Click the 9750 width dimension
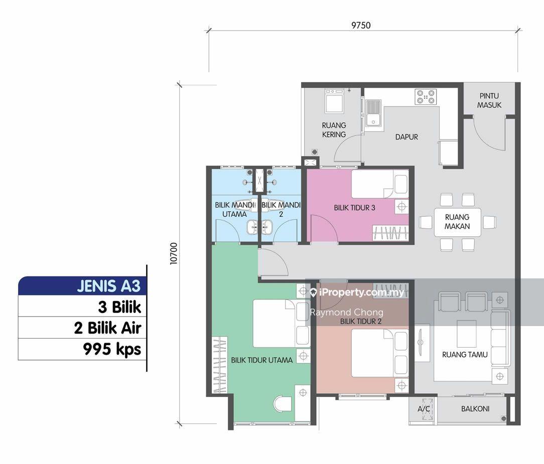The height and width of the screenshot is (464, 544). click(x=361, y=25)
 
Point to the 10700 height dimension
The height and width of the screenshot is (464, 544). click(x=174, y=253)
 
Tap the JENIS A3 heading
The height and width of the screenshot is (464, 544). click(x=108, y=286)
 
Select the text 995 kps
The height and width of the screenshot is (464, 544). click(x=112, y=349)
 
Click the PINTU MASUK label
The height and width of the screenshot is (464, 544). click(x=489, y=100)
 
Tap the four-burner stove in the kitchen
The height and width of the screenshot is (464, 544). click(x=426, y=97)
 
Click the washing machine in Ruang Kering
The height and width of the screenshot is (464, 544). click(x=334, y=101)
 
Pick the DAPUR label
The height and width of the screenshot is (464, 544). click(x=406, y=137)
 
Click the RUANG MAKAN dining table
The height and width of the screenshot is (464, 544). click(x=457, y=222)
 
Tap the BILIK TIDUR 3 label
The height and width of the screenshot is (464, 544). click(x=355, y=208)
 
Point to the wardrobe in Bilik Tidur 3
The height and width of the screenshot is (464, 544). click(x=390, y=233)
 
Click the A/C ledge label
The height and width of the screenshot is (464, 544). click(x=424, y=409)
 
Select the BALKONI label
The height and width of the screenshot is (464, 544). click(x=475, y=409)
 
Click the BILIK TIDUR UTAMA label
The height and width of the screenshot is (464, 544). click(x=262, y=360)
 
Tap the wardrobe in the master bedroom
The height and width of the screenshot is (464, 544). click(x=220, y=365)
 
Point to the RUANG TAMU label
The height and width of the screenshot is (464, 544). click(x=465, y=355)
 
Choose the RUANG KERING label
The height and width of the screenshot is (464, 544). click(x=334, y=130)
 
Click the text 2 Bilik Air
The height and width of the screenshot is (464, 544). click(x=107, y=328)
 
